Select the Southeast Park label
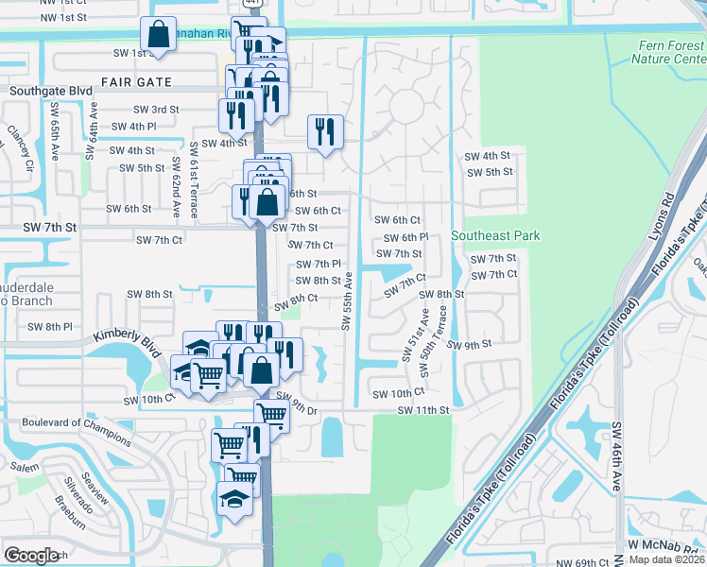point(495,235)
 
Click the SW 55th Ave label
point(347,302)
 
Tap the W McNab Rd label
point(666,545)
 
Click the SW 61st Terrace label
point(195,170)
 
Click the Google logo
point(32,556)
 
